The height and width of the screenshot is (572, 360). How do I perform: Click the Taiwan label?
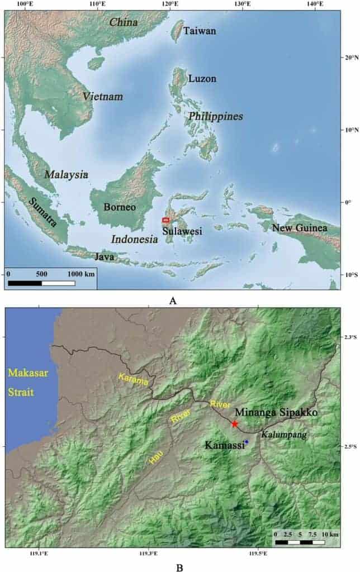point(200,31)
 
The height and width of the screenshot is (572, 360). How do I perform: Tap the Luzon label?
point(202,79)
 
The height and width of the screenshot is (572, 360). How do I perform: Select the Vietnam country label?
point(103,97)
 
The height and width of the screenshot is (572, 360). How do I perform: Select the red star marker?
point(235,424)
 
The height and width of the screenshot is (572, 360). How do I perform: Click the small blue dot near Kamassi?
point(246,442)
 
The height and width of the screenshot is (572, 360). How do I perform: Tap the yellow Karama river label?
point(134,381)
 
